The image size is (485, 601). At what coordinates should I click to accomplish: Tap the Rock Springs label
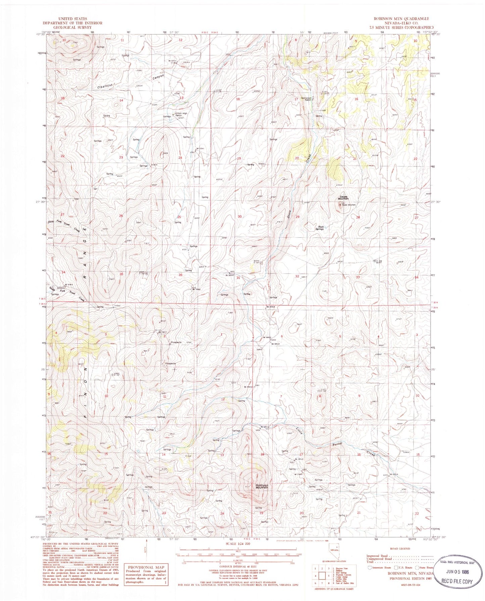[x=319, y=228]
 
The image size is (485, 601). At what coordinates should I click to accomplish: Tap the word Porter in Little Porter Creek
[x=337, y=445]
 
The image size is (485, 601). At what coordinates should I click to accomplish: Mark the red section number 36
[x=180, y=275]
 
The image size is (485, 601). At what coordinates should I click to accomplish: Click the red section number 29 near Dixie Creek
[x=297, y=217]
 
